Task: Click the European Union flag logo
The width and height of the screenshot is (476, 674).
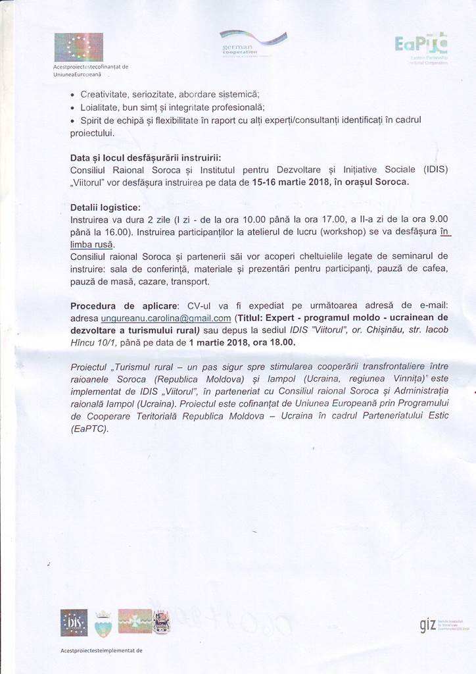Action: (x=78, y=47)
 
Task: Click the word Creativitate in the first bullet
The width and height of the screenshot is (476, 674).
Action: (x=105, y=93)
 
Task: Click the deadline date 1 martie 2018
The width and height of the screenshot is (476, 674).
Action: (x=222, y=342)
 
